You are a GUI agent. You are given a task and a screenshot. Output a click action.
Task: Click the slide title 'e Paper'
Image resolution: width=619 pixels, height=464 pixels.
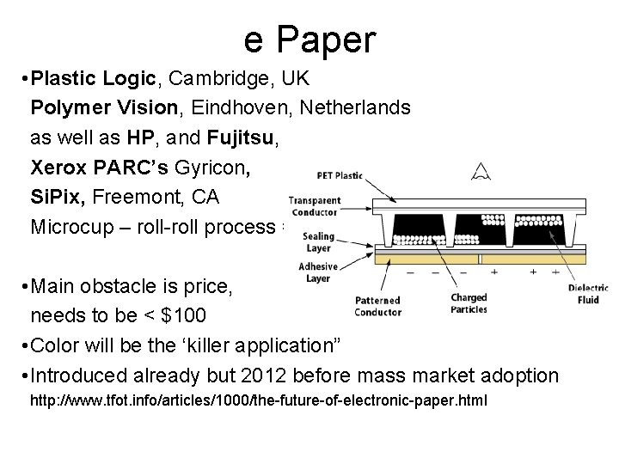[309, 40]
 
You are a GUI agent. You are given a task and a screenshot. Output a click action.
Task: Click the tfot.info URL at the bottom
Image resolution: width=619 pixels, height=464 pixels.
[258, 400]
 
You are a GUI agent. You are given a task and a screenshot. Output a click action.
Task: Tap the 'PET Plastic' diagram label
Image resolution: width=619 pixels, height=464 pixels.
[340, 176]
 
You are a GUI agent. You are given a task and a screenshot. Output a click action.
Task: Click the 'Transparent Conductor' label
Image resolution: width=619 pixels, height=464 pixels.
[314, 206]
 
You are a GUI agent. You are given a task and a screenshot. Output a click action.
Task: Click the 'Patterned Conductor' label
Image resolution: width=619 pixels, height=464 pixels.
[377, 306]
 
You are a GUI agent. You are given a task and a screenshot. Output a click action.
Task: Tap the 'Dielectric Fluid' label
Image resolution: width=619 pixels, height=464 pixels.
[588, 294]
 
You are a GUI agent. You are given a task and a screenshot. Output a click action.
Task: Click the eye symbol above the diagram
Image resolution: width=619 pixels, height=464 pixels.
[481, 173]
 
